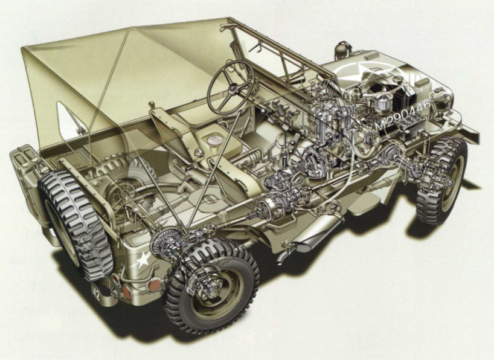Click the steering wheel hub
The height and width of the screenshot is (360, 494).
[231, 89]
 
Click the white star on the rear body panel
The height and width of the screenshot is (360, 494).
[143, 260]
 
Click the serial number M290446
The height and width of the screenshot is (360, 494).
[403, 114]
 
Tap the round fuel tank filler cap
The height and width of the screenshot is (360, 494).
[213, 140]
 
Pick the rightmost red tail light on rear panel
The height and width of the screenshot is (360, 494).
[154, 284]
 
